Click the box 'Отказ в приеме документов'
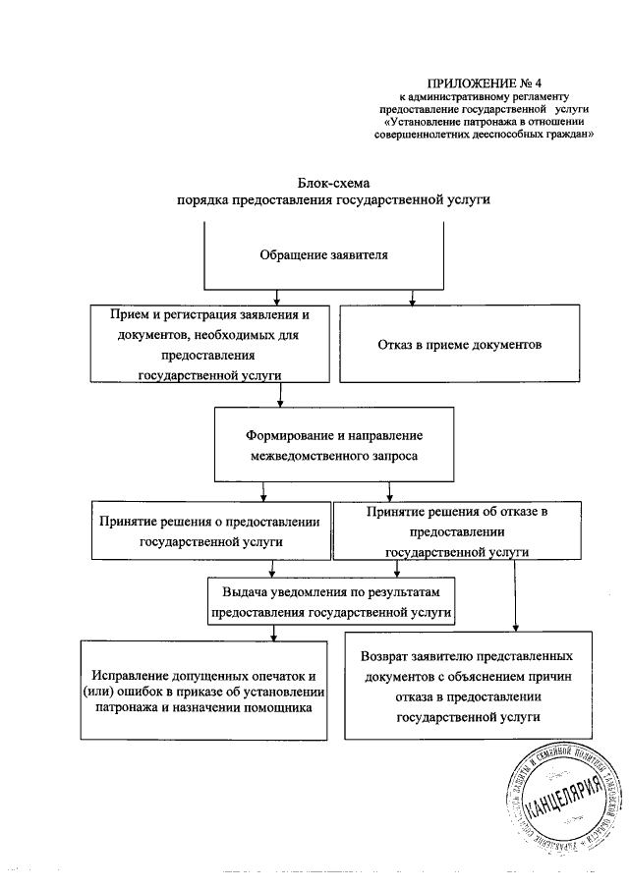point(459,345)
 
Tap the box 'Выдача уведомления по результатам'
point(331,601)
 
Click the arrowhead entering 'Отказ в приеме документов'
point(412,299)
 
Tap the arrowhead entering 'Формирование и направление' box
point(282,402)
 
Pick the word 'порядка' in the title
point(201,199)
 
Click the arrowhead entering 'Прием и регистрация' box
point(278,299)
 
